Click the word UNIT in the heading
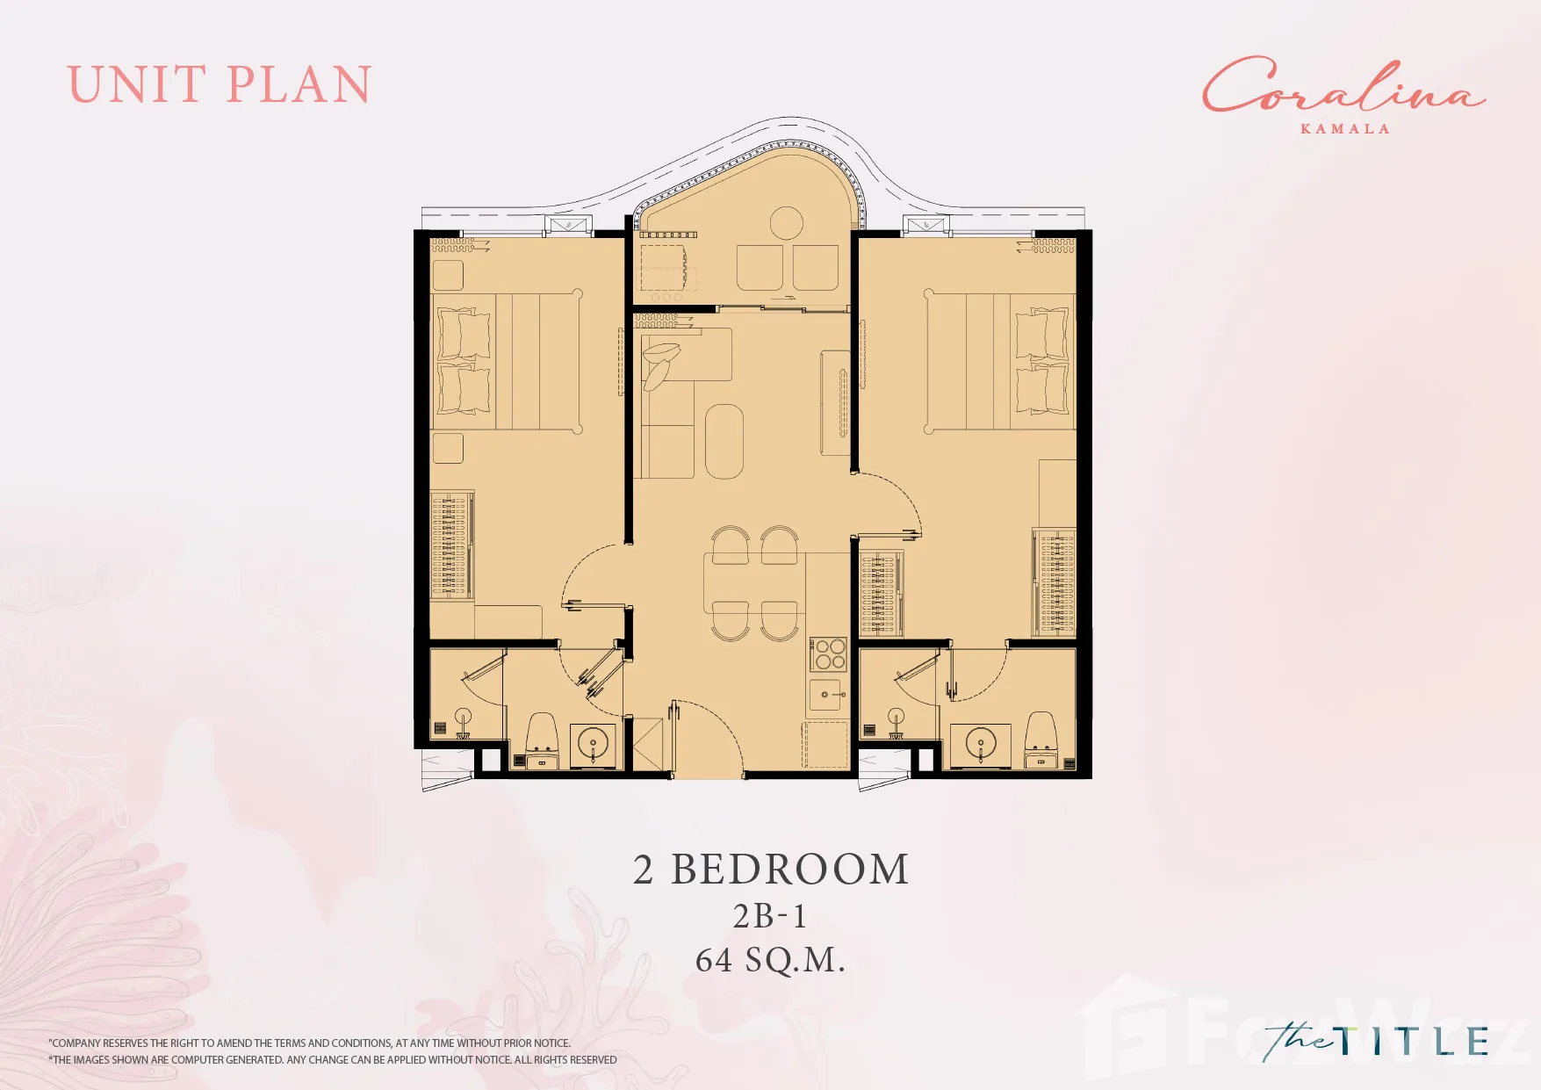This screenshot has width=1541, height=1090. [x=137, y=85]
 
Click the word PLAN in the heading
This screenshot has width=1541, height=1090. [x=299, y=85]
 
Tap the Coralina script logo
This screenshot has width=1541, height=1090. [x=1343, y=85]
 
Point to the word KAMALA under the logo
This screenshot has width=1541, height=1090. [x=1345, y=128]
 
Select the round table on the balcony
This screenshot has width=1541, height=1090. [x=787, y=223]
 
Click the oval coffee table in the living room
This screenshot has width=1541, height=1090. [x=724, y=441]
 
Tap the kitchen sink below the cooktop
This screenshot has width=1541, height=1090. [x=826, y=695]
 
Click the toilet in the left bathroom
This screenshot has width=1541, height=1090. [x=542, y=735]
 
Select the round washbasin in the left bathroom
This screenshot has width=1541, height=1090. [x=594, y=745]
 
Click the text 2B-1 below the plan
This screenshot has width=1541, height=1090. [x=770, y=916]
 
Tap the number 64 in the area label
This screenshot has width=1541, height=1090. [x=714, y=960]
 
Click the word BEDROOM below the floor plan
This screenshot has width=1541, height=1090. [x=790, y=870]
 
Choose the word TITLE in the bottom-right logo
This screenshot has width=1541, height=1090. [x=1414, y=1041]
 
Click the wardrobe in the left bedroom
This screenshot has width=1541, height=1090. [x=451, y=545]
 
